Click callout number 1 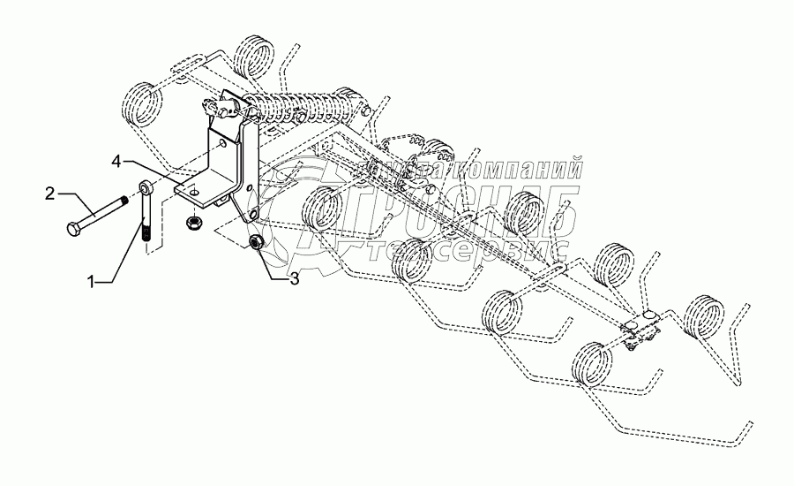[x=93, y=282]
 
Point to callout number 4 [x=116, y=161]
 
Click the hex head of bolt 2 [x=73, y=229]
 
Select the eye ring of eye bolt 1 [x=143, y=189]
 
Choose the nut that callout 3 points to [x=257, y=240]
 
